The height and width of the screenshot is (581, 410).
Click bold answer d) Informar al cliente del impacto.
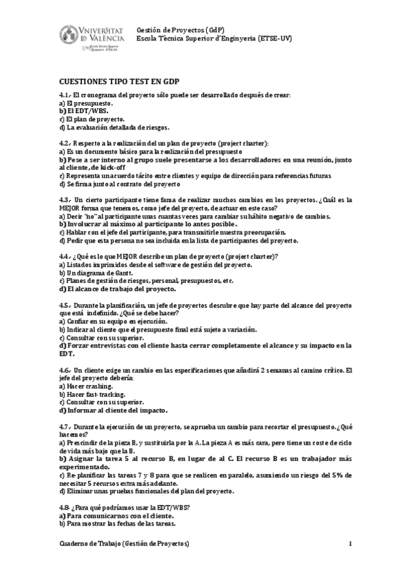point(114,410)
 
